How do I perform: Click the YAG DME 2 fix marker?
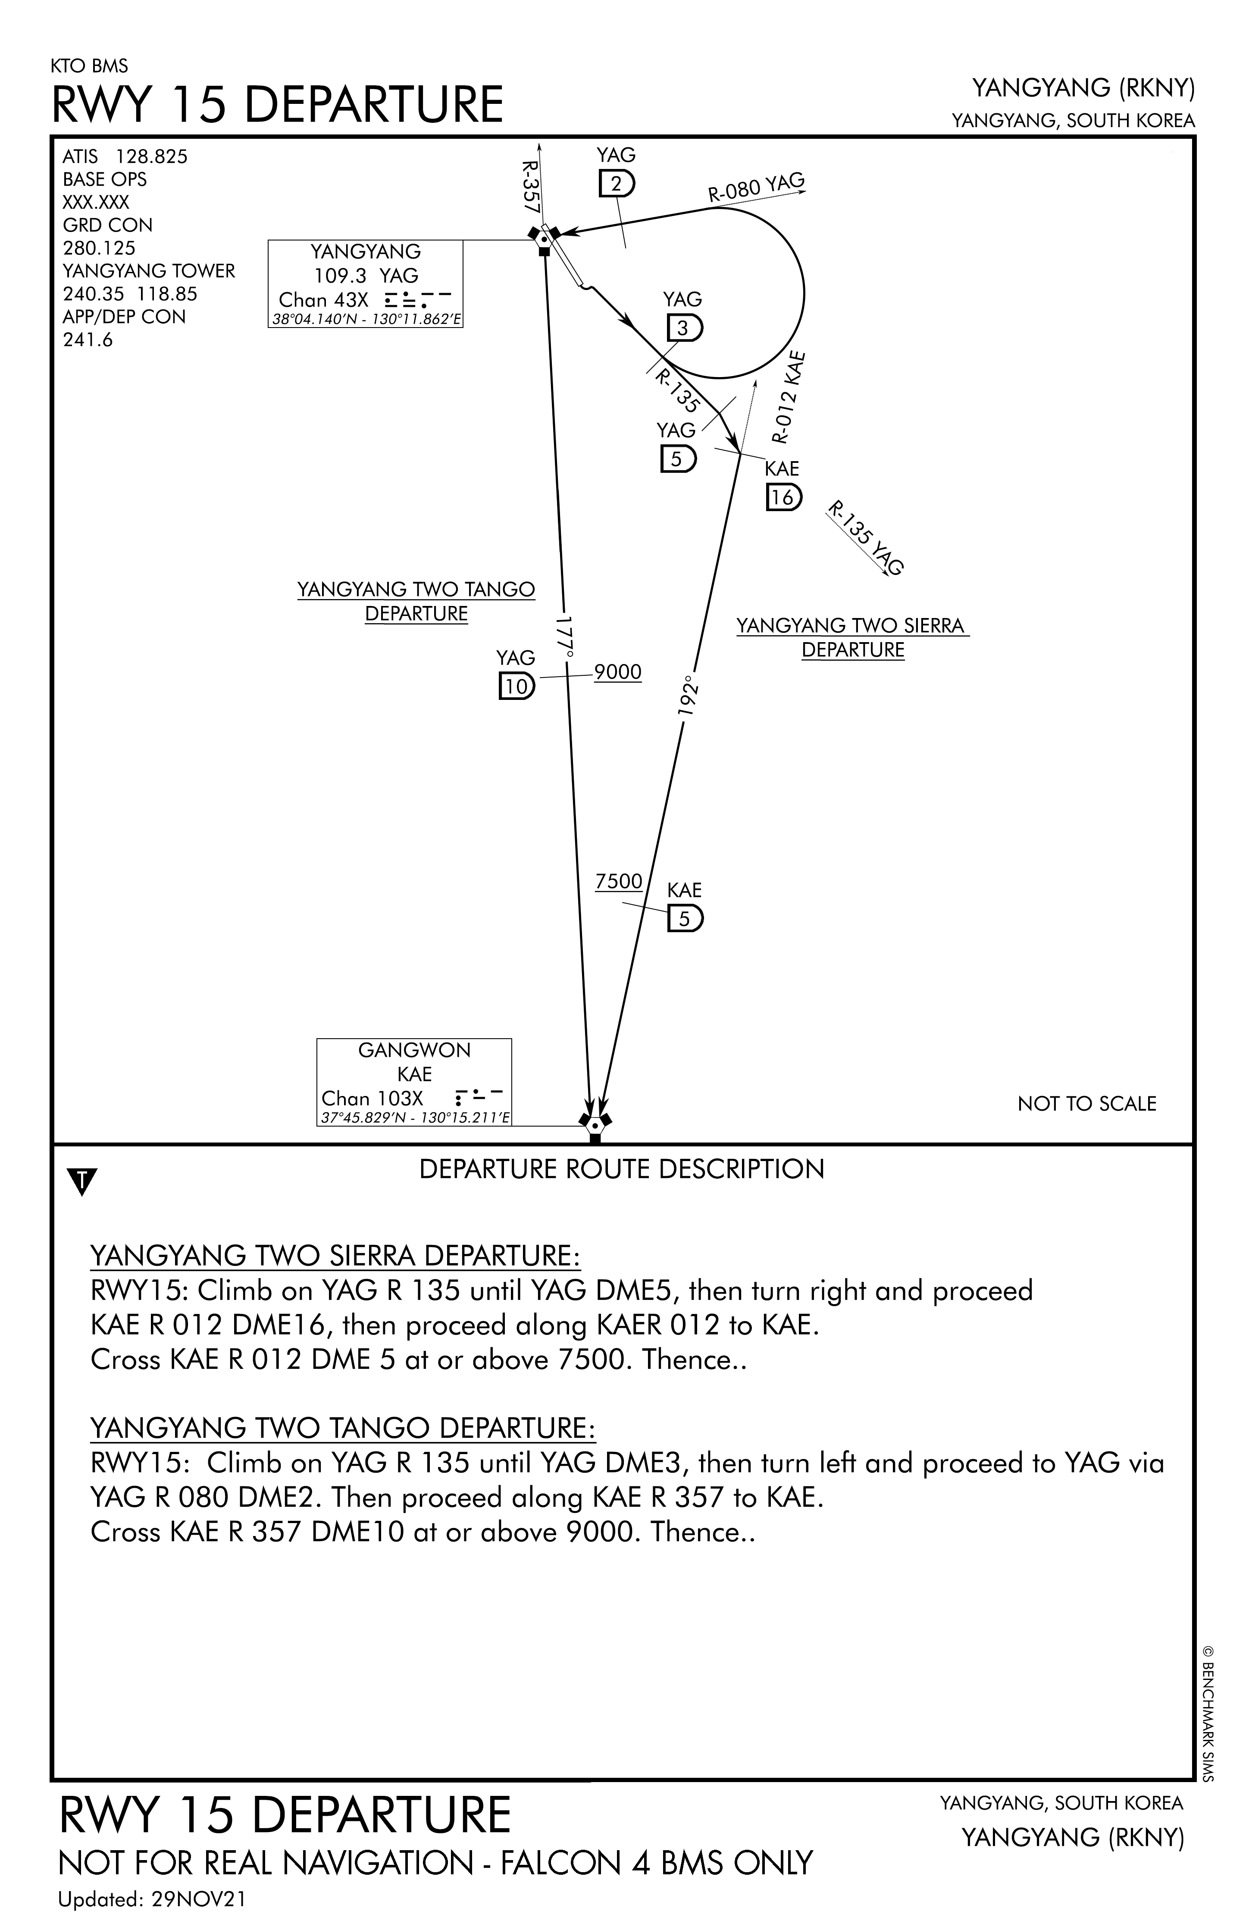point(617,185)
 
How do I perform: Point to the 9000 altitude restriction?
point(617,672)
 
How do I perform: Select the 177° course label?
point(565,637)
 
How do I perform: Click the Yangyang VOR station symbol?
point(544,239)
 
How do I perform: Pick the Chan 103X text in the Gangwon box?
point(372,1098)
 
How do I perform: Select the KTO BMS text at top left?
point(89,66)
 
